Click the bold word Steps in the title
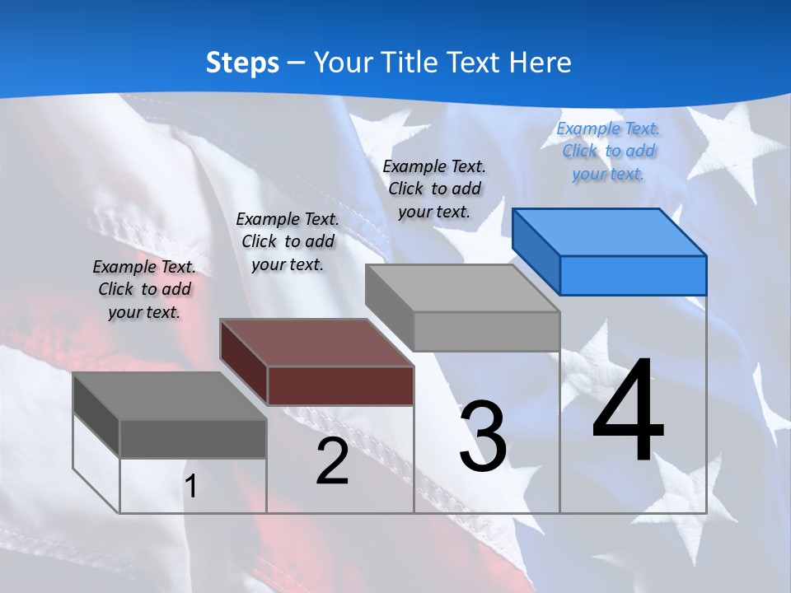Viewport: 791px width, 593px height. tap(242, 63)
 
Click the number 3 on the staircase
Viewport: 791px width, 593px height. tap(483, 436)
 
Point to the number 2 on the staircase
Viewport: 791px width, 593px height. tap(332, 461)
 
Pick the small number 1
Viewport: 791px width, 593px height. tap(190, 486)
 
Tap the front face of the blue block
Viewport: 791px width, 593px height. tap(633, 275)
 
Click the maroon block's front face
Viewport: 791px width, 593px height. tap(340, 385)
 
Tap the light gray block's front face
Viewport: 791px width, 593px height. tap(486, 331)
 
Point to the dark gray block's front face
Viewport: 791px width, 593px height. tap(193, 438)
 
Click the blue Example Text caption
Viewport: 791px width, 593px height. tap(608, 151)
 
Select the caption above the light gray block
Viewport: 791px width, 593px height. tap(434, 189)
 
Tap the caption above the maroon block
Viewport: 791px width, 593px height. tap(288, 241)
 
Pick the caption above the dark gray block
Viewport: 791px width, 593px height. tap(144, 289)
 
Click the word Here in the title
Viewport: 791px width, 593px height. tap(541, 63)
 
